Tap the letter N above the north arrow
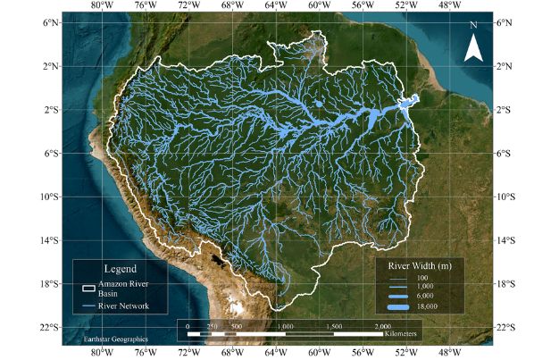click(x=473, y=26)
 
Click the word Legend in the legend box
click(x=120, y=268)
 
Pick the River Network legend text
click(x=123, y=306)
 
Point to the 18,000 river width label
click(x=426, y=306)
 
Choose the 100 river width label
click(x=422, y=278)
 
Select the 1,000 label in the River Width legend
click(x=424, y=287)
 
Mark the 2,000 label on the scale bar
click(x=384, y=327)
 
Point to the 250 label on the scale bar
click(x=213, y=327)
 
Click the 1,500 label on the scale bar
click(x=334, y=327)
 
